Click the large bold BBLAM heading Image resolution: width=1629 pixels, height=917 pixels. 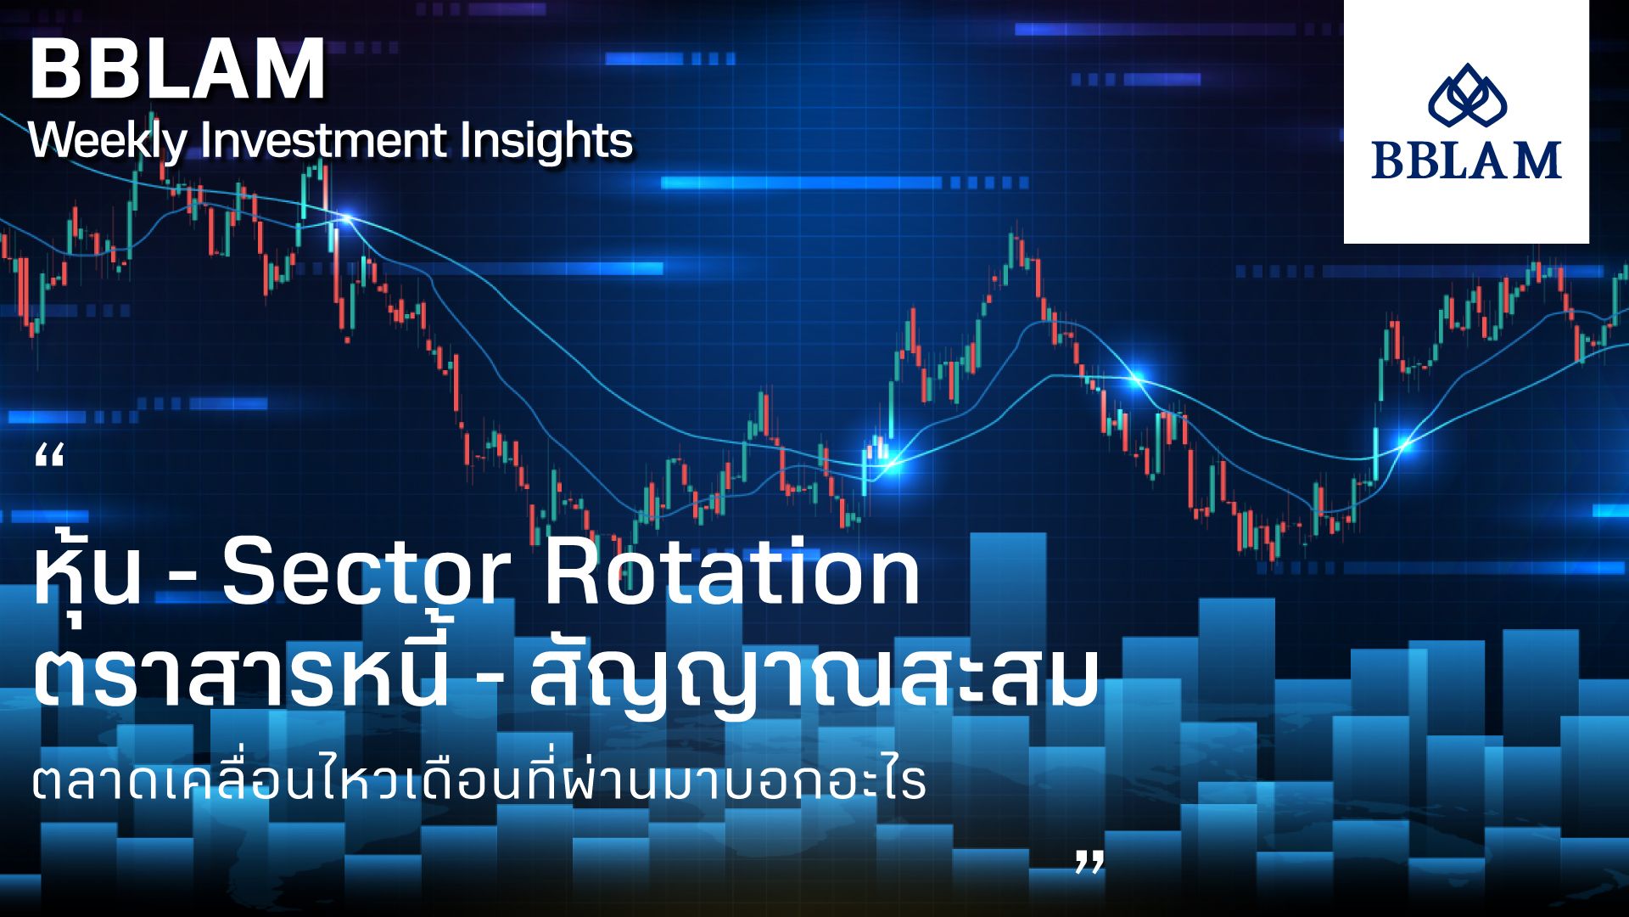tap(177, 70)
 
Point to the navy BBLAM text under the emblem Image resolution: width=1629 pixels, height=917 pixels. tap(1467, 160)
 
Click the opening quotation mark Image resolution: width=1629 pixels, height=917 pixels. tap(51, 458)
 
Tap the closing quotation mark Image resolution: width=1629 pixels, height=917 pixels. tap(1090, 862)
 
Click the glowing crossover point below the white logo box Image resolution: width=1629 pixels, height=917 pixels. tap(1405, 442)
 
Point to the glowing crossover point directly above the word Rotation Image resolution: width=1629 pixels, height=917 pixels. tap(889, 464)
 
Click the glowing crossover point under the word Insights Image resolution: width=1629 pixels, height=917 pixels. tap(345, 219)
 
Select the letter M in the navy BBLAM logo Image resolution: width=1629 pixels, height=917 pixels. tap(1539, 160)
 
